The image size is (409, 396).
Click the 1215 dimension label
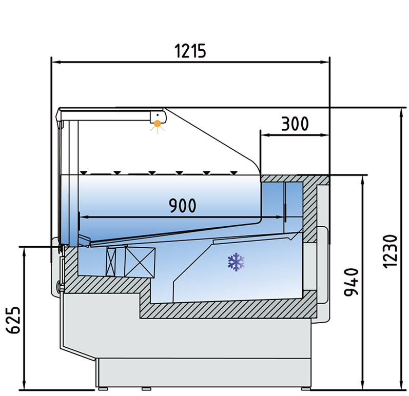pyautogui.click(x=190, y=51)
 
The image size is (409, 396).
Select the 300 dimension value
pyautogui.click(x=295, y=124)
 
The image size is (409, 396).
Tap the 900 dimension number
pyautogui.click(x=183, y=205)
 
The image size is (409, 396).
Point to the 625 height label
pyautogui.click(x=13, y=320)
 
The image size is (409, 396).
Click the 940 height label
pyautogui.click(x=351, y=282)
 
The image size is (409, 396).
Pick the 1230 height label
pyautogui.click(x=390, y=251)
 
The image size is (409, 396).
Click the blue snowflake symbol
pyautogui.click(x=236, y=262)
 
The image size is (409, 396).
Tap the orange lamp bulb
pyautogui.click(x=157, y=124)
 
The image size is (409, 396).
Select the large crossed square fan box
pyautogui.click(x=140, y=262)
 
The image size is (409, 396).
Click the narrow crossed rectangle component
pyautogui.click(x=111, y=262)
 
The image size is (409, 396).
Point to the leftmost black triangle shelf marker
pyautogui.click(x=84, y=172)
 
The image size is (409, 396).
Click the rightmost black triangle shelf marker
pyautogui.click(x=234, y=172)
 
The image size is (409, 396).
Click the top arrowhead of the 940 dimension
pyautogui.click(x=362, y=181)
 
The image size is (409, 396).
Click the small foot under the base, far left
pyautogui.click(x=103, y=389)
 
